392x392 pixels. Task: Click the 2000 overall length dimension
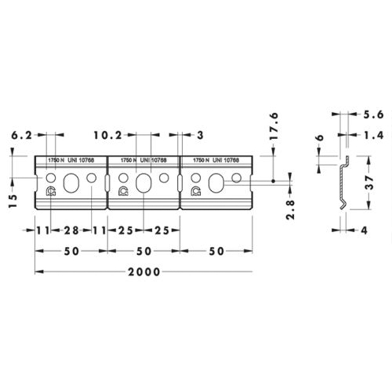coord(144,272)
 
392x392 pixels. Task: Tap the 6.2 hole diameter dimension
coord(22,135)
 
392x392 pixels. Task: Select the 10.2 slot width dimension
coord(108,135)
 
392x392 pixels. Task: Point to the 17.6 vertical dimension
coord(274,126)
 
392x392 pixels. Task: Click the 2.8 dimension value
coord(290,209)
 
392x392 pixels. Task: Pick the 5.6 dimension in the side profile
coord(373,114)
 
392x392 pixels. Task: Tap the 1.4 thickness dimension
coord(373,135)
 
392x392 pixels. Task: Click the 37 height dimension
coord(370,182)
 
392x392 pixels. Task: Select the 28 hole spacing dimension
coord(71,230)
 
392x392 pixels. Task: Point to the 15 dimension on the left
coord(13,201)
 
